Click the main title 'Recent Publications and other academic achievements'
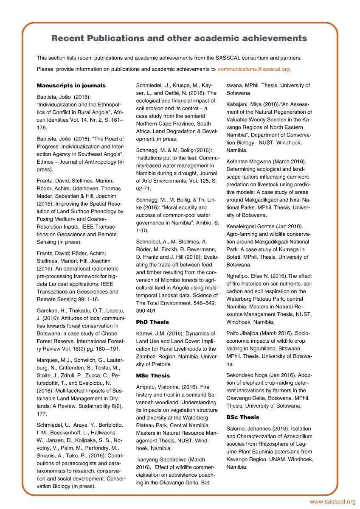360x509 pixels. [x=179, y=39]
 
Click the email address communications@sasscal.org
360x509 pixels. [x=254, y=69]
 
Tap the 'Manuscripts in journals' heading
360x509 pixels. [x=71, y=85]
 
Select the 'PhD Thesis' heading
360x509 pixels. [x=152, y=322]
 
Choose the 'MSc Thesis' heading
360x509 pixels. [x=153, y=375]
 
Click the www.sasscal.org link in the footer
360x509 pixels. [x=332, y=502]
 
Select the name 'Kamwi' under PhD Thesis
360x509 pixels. [x=145, y=333]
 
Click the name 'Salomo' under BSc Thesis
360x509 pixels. [x=236, y=428]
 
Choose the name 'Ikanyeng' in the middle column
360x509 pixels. [x=149, y=459]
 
